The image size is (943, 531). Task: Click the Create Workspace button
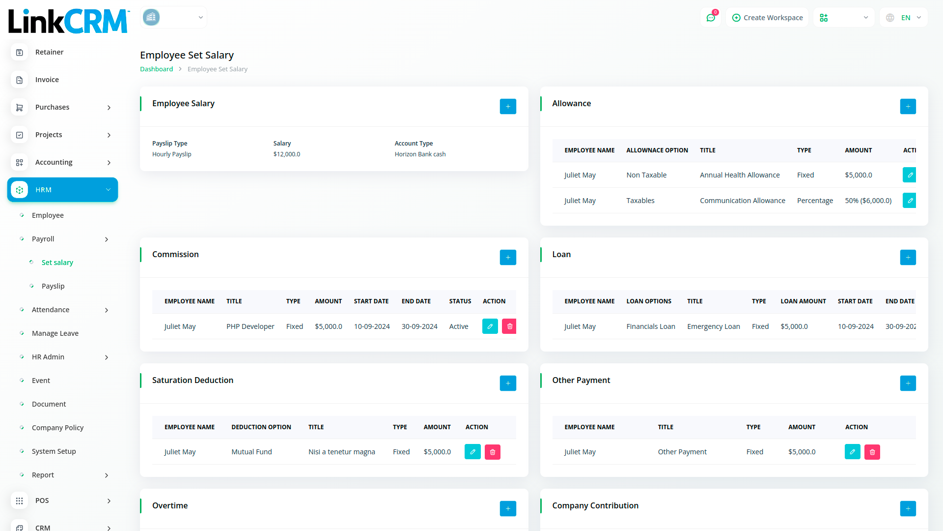(x=767, y=18)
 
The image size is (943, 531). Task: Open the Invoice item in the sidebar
(x=47, y=80)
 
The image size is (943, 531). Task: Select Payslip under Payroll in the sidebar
(x=53, y=286)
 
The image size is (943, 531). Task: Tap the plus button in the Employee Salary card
(x=508, y=106)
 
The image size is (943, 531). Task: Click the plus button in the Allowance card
(x=908, y=106)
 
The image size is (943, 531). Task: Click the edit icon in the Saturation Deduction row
(x=472, y=452)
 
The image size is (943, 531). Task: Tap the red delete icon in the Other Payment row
(x=872, y=452)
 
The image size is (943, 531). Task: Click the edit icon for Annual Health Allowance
(x=910, y=175)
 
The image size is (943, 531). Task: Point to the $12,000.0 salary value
(x=287, y=154)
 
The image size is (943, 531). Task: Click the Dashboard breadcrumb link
(x=156, y=69)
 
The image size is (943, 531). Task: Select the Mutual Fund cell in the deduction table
(x=251, y=452)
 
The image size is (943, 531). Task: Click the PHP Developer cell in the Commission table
(x=250, y=326)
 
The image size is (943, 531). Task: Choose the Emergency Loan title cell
(x=713, y=326)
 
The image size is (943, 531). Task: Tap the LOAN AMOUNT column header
(x=803, y=301)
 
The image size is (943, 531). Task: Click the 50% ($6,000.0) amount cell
(x=868, y=201)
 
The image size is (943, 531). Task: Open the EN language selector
(x=905, y=18)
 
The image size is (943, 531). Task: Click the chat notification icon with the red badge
(x=711, y=18)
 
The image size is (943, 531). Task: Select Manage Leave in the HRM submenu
(x=55, y=333)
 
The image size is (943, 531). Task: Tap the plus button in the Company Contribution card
(x=908, y=508)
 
